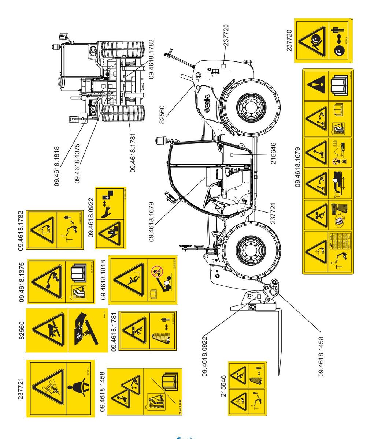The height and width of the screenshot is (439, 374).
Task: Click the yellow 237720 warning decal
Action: [x=323, y=41]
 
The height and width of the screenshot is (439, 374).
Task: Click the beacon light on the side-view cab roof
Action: [x=160, y=141]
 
